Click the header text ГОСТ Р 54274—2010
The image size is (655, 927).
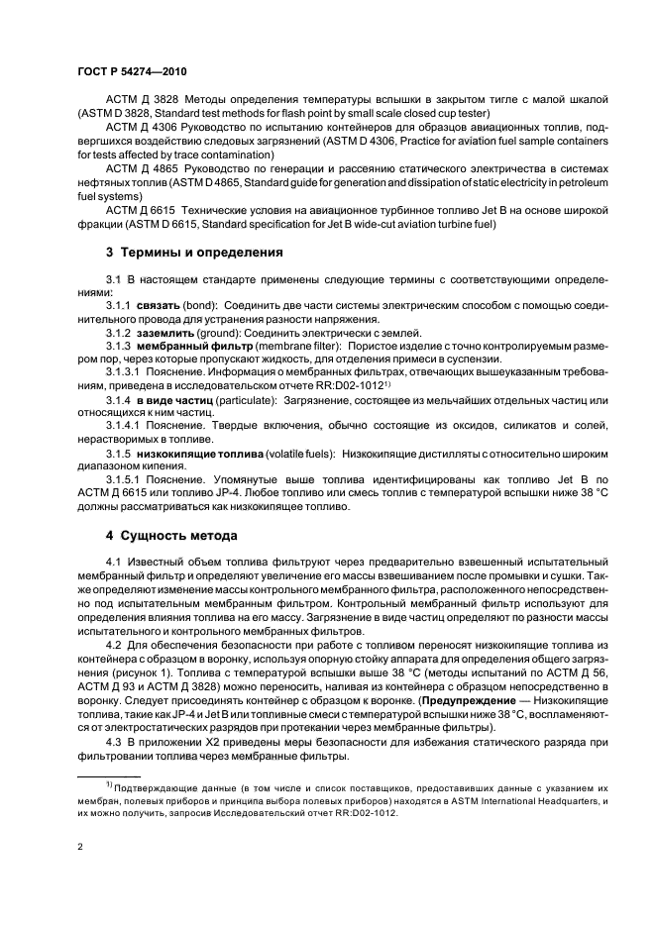[x=132, y=73]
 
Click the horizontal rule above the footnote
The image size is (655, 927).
[x=109, y=776]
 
